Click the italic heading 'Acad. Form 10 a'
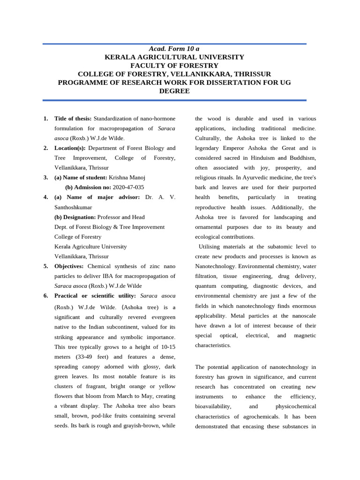click(174, 49)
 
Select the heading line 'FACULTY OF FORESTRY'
click(174, 66)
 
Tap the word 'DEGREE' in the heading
click(174, 91)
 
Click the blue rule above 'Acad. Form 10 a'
click(174, 44)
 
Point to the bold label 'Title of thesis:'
click(73, 119)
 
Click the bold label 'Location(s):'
click(70, 148)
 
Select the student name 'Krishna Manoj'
click(127, 178)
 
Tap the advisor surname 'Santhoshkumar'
click(73, 207)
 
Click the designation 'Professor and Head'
click(121, 217)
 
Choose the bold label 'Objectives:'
click(70, 266)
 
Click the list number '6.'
click(46, 296)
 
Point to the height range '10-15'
click(168, 347)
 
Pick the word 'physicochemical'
click(296, 406)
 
